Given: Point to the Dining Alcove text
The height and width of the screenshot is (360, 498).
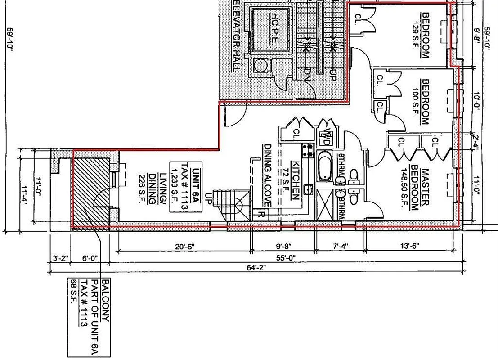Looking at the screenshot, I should click(x=268, y=175).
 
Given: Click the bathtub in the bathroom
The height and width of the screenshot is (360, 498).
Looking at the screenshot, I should click(x=324, y=167).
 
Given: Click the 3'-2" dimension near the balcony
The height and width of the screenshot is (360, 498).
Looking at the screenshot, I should click(x=60, y=258).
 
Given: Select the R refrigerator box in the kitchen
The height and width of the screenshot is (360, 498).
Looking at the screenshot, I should click(x=261, y=214).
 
